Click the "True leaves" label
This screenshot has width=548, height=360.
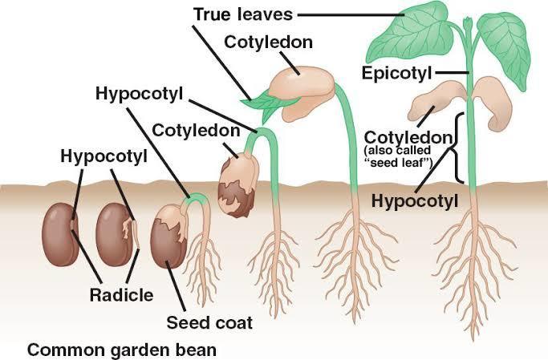coord(243,14)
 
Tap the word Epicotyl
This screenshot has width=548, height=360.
coord(396,73)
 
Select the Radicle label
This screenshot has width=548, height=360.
coord(121,295)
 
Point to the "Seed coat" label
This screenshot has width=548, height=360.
coord(209,322)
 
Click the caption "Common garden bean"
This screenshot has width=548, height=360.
coord(122,350)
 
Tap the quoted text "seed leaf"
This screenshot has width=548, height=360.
coord(401,163)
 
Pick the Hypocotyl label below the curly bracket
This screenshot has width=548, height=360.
coord(415,200)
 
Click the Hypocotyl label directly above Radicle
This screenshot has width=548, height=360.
coord(104,156)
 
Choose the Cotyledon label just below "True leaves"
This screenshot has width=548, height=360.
coord(269,42)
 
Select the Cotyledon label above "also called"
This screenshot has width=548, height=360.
coord(408,138)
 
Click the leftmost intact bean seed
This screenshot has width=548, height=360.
coord(59,235)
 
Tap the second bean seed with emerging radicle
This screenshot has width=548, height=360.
coord(113,235)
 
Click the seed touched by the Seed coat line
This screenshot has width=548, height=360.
coord(169,237)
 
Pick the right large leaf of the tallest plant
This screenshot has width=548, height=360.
coord(505,47)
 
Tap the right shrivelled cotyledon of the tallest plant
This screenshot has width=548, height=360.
coord(492,103)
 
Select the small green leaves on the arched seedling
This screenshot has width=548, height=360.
coord(267,103)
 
